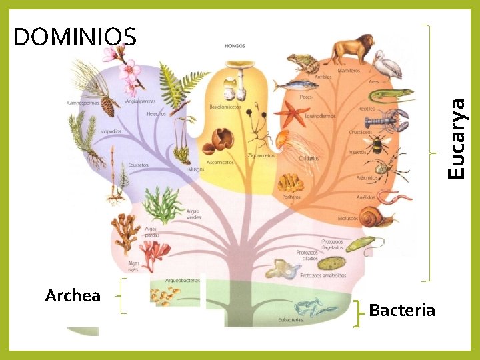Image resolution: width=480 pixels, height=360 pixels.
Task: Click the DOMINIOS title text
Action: pos(75,37)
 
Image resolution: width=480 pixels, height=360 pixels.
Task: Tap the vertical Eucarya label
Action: pos(456,138)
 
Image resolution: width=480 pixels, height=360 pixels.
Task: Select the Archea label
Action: pos(73,295)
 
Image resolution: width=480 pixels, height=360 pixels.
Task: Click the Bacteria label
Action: pos(401,310)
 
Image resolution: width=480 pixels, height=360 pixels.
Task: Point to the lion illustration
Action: pos(352,49)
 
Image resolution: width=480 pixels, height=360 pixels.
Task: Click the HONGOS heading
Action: pos(235,46)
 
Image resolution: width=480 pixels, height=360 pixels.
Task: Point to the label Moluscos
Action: pos(349,217)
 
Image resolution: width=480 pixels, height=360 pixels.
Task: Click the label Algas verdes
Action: pos(193,214)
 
